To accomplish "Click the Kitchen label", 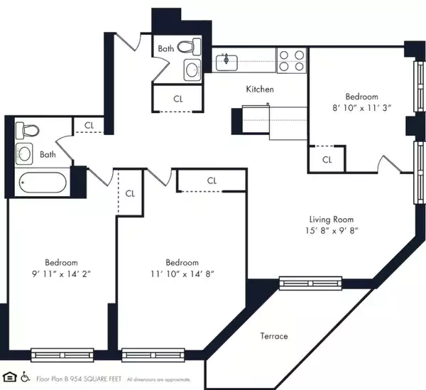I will (x=260, y=90).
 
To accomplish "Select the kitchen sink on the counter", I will (x=227, y=60).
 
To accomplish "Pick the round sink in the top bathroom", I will (x=191, y=70).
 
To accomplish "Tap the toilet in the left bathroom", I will (x=28, y=130).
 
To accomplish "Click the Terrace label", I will (x=274, y=336).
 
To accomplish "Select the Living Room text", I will (x=331, y=220).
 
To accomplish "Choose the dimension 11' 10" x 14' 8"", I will (x=182, y=273).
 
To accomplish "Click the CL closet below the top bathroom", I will (x=177, y=99).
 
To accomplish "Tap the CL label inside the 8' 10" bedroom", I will (x=327, y=160).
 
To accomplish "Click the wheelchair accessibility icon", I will (x=26, y=376).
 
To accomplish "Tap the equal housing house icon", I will (x=10, y=376).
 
